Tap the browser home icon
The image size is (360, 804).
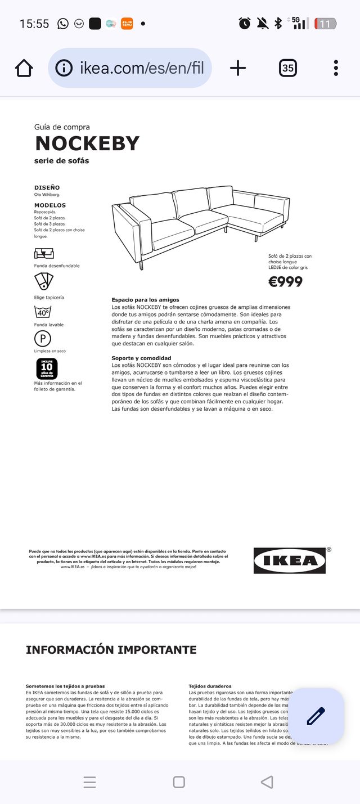click(24, 68)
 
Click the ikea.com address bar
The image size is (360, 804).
click(130, 68)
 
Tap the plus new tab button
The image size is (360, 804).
click(238, 68)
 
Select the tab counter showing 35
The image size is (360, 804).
click(287, 68)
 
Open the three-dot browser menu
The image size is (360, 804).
click(336, 68)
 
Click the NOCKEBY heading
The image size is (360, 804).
click(87, 143)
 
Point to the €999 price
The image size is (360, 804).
click(285, 281)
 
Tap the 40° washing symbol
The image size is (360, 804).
click(43, 312)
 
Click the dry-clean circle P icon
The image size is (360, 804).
click(43, 338)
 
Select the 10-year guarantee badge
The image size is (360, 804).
click(47, 369)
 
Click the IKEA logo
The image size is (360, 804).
click(289, 560)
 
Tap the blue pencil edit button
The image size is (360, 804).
click(316, 716)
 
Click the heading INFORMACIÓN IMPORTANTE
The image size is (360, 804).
click(111, 650)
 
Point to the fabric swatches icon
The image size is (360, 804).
click(43, 281)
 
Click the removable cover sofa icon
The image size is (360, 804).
click(43, 253)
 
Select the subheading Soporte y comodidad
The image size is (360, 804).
click(141, 358)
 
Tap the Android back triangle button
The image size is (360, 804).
click(267, 781)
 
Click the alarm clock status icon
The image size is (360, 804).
click(245, 24)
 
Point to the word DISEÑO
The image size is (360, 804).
click(47, 187)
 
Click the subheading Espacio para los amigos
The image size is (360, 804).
click(145, 300)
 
